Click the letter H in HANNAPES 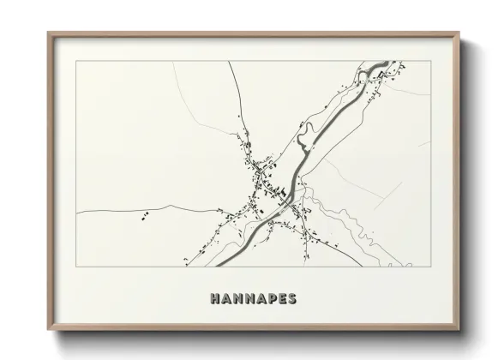pyautogui.click(x=214, y=298)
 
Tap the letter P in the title pyautogui.click(x=264, y=298)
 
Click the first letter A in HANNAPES pyautogui.click(x=226, y=298)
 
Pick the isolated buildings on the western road pyautogui.click(x=145, y=213)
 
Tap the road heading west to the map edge pyautogui.click(x=111, y=209)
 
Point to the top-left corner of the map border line pyautogui.click(x=76, y=61)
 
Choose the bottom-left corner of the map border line pyautogui.click(x=76, y=266)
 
